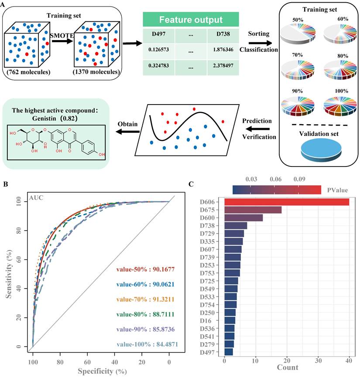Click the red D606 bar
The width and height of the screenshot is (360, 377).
[x=286, y=202]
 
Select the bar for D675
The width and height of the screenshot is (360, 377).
[x=253, y=210]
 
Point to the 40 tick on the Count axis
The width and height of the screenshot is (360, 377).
[x=349, y=360]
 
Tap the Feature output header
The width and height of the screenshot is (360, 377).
[x=191, y=20]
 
